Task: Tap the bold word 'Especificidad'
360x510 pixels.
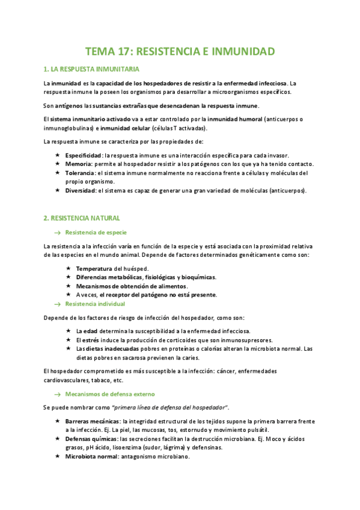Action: click(84, 156)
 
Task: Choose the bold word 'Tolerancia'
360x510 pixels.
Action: click(81, 173)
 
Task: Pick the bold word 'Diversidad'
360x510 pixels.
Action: click(80, 191)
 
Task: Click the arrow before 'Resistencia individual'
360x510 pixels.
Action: click(58, 304)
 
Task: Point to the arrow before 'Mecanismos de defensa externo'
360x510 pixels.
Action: click(58, 393)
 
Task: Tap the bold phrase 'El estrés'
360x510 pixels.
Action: click(86, 340)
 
